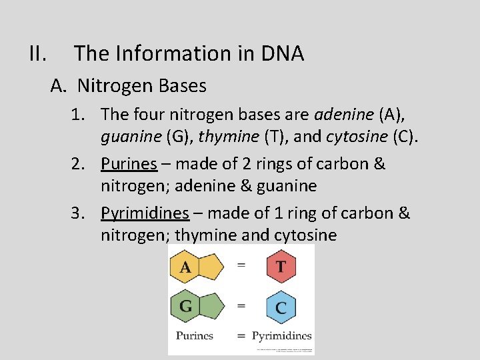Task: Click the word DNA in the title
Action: click(x=282, y=53)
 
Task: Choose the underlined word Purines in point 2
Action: click(x=129, y=164)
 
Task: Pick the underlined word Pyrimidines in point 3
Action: click(x=145, y=213)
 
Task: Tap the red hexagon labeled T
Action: click(x=281, y=267)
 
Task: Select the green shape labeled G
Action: click(x=193, y=307)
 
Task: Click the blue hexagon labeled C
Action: click(x=281, y=307)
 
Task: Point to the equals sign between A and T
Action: click(x=241, y=265)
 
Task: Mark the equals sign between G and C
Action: click(x=241, y=306)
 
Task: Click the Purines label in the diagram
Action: click(x=195, y=335)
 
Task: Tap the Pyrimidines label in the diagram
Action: click(x=281, y=335)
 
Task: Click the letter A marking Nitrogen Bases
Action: click(x=58, y=86)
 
